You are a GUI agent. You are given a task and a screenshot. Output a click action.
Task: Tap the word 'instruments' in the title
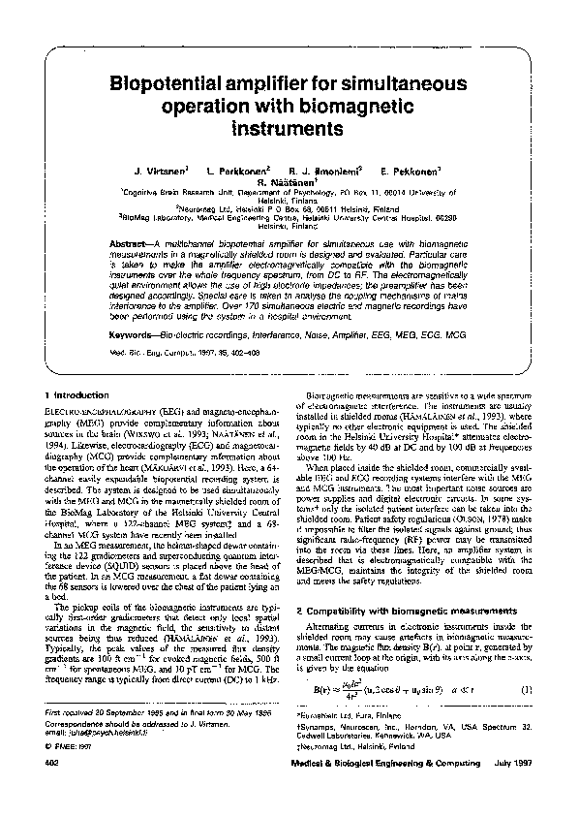(289, 127)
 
